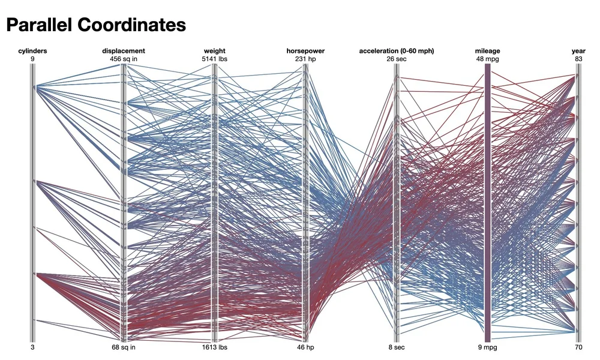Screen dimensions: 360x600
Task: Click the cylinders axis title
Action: [32, 51]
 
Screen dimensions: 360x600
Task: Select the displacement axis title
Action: [123, 51]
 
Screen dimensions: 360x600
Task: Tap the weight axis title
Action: [214, 51]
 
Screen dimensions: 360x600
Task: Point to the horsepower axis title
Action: [305, 51]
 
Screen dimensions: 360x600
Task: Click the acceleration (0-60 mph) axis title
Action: [397, 51]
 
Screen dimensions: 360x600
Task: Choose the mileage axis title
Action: [487, 51]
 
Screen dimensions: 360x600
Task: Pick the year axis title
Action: [578, 51]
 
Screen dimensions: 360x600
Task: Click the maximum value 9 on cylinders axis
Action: [32, 59]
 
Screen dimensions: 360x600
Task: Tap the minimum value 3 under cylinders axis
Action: [32, 347]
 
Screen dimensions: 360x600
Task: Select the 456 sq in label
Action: [123, 59]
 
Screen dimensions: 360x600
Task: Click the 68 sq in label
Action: [123, 347]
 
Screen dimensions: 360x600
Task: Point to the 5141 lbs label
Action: [214, 59]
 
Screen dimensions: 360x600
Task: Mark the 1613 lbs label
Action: [214, 347]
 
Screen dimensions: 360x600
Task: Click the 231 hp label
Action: [305, 59]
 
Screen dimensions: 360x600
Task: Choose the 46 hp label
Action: [305, 347]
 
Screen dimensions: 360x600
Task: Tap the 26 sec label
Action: [397, 59]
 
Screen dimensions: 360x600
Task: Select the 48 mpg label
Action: [487, 59]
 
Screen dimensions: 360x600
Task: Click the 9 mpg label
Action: [487, 347]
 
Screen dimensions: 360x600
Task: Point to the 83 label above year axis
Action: [578, 59]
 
